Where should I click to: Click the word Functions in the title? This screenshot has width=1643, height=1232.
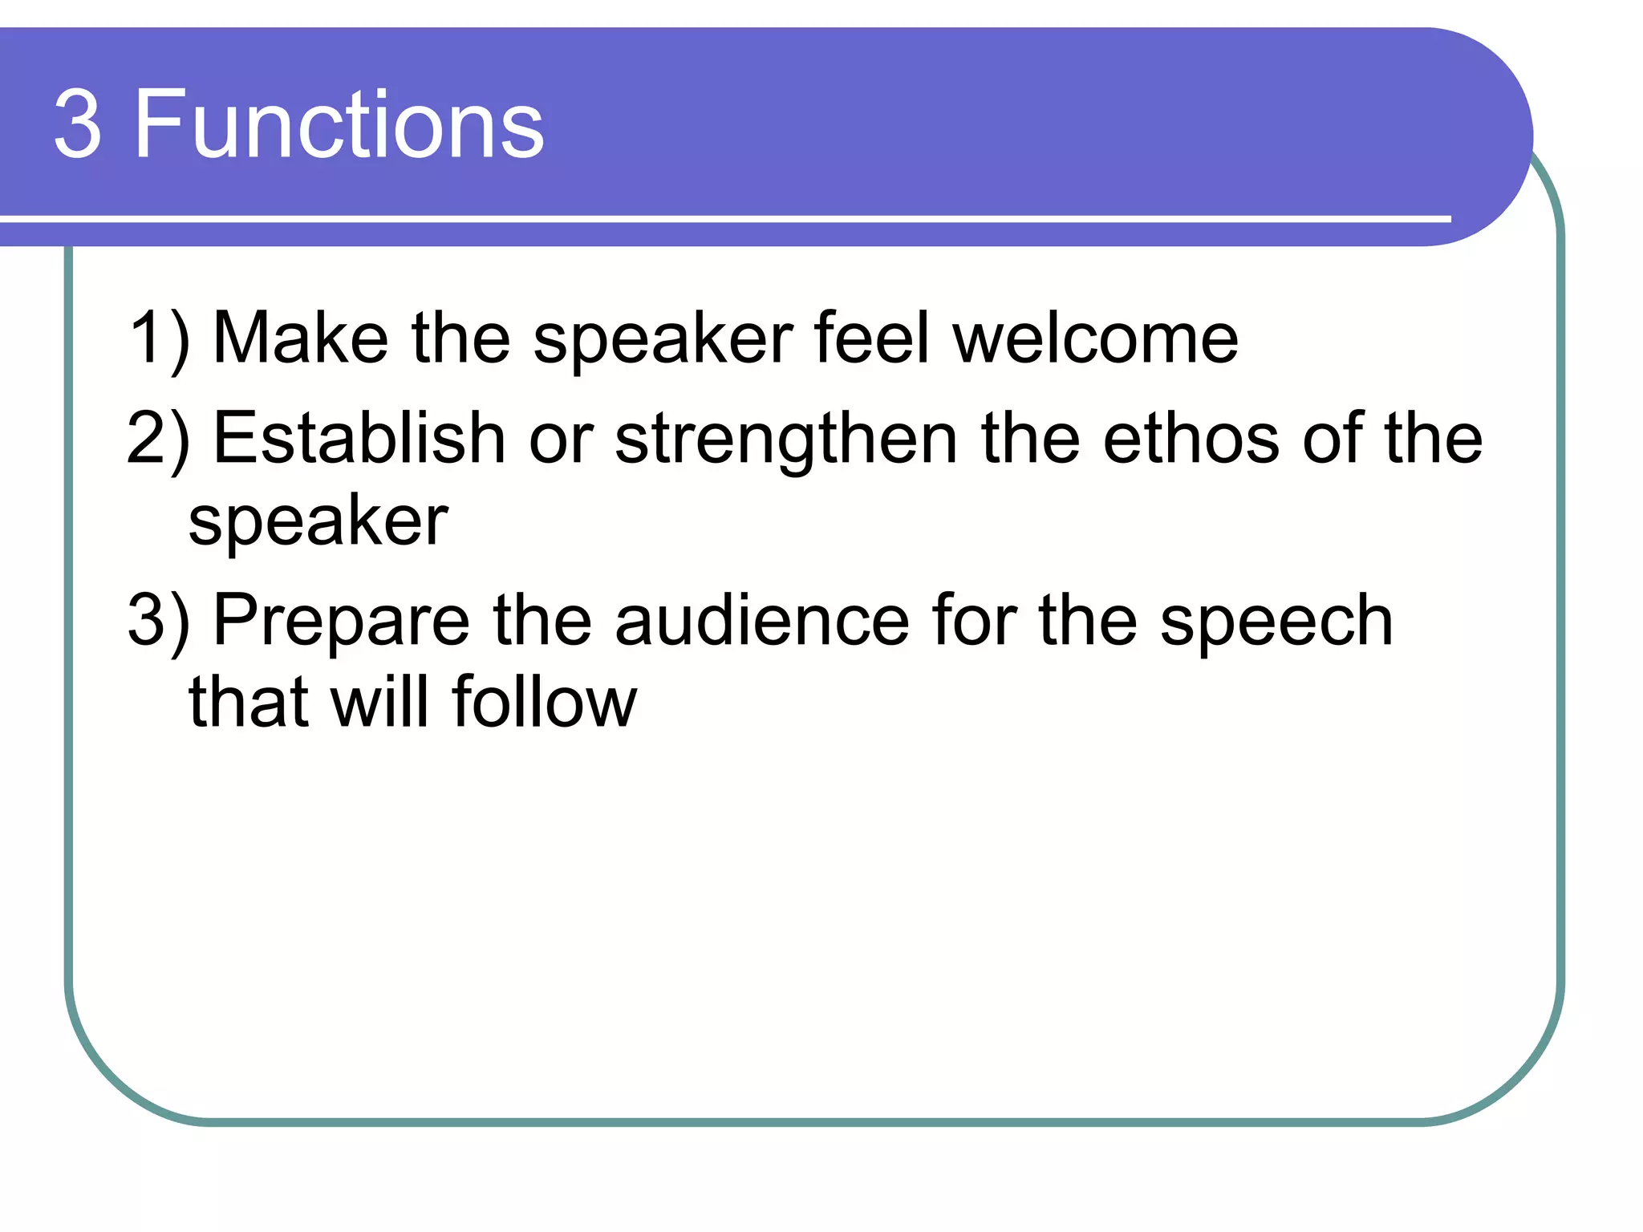pos(339,125)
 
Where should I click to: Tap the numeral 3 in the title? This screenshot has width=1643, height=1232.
pos(78,125)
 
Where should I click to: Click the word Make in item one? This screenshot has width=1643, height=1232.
pos(301,338)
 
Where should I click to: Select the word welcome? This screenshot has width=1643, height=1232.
pos(1096,338)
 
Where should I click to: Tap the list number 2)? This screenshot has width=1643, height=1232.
pos(159,440)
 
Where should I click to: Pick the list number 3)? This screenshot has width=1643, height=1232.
pos(159,621)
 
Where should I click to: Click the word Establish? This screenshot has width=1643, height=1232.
pos(359,440)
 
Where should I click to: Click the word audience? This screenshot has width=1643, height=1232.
pos(762,621)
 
